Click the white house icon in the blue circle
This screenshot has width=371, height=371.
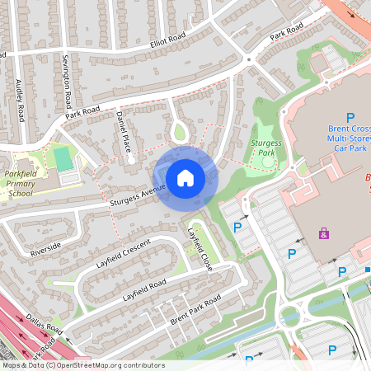(x=185, y=177)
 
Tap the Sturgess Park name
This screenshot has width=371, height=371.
(x=264, y=148)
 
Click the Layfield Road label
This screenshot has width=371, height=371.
(x=144, y=289)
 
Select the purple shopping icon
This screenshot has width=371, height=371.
(x=323, y=233)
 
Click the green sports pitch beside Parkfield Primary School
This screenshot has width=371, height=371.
(x=62, y=157)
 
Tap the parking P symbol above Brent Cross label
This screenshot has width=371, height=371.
(x=350, y=119)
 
